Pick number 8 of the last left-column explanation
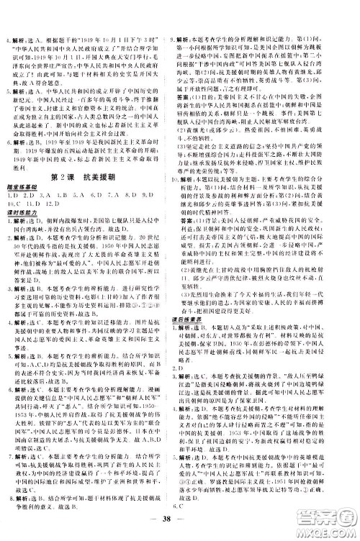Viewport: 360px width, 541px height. point(8,496)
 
